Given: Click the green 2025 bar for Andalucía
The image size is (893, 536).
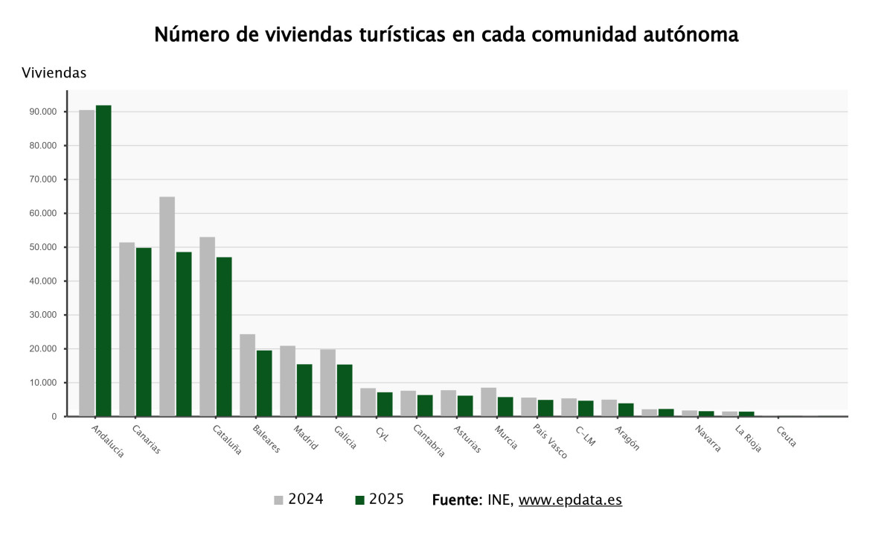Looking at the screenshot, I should pos(103,261).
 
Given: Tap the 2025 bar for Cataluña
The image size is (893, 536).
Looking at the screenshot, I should pos(224,336).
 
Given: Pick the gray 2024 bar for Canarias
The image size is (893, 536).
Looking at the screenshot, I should pos(127,329).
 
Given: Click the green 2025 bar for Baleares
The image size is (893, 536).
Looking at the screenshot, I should pos(264,383).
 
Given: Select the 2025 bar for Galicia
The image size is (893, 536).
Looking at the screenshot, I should pos(345,390).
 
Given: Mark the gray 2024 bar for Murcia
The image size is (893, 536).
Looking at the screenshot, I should pos(488,402).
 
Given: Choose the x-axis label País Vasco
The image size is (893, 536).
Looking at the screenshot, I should pos(550,441).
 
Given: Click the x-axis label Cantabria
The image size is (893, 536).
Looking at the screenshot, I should pos(429,440).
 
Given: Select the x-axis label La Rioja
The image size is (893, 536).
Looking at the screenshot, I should pos(748,438).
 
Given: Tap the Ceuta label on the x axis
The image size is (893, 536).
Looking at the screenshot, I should pos(786,436).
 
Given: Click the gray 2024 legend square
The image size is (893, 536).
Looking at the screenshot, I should pos(278,500).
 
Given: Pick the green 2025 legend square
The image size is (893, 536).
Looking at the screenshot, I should pos(359,500).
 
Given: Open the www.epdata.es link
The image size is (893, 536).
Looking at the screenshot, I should pos(570,500).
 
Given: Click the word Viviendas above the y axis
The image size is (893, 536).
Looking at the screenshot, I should pos(54,73).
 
